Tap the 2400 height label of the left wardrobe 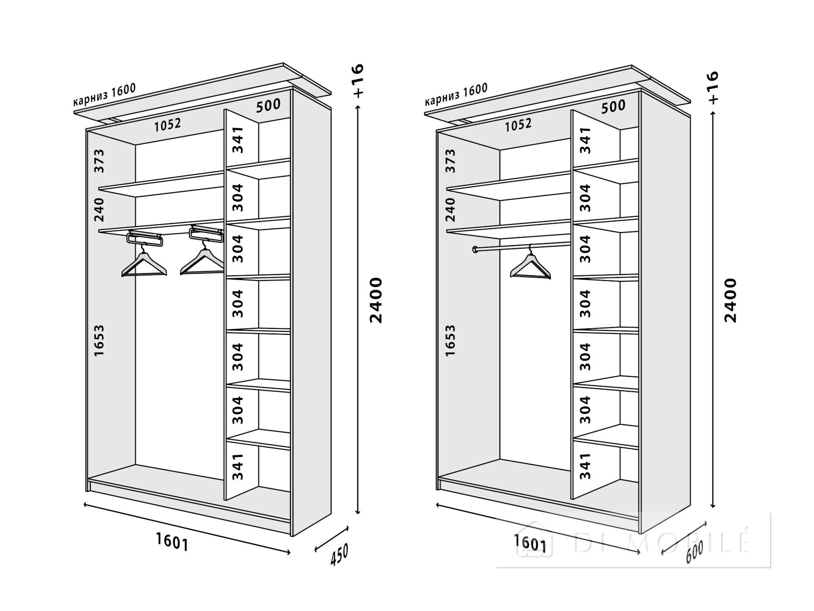pos(376,300)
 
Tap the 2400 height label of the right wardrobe pos(730,300)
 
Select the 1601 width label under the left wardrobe pos(172,542)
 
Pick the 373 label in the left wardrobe pos(99,161)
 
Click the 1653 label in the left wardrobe pos(99,341)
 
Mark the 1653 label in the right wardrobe pos(450,341)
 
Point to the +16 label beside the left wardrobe pos(358,81)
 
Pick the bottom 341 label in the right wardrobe pos(585,466)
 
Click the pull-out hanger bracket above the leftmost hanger pos(145,238)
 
